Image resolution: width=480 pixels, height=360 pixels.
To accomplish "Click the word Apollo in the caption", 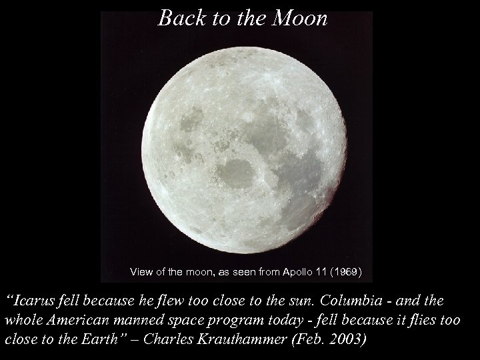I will click(293, 272).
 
